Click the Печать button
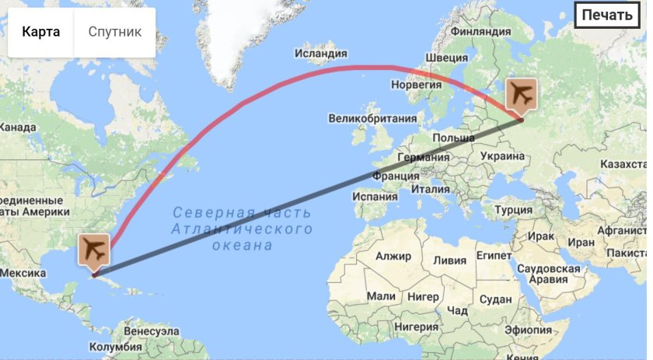(607, 15)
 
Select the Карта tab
(41, 32)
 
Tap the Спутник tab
(115, 32)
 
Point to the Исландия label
(320, 54)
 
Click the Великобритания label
(372, 119)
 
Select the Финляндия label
(481, 33)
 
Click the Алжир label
(392, 256)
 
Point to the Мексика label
(24, 274)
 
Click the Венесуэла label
(152, 332)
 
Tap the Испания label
(375, 197)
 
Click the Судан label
(495, 299)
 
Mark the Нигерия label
(416, 327)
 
